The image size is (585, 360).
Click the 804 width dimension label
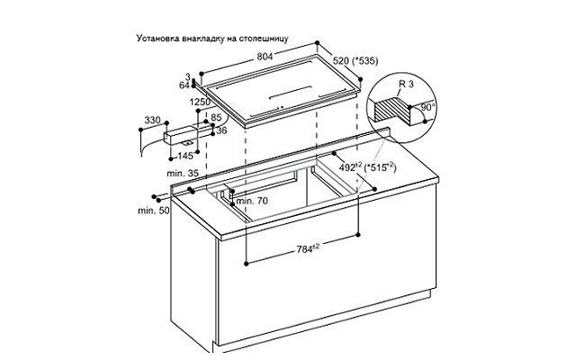click(x=265, y=57)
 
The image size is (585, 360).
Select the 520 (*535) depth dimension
click(x=355, y=60)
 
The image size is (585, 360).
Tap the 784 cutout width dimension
click(x=308, y=248)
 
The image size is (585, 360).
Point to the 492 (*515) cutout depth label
click(x=367, y=167)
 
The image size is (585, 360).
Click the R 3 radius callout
click(x=406, y=84)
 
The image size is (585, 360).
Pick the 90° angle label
click(x=427, y=107)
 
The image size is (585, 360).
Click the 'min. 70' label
click(x=252, y=201)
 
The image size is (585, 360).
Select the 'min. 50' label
click(x=153, y=211)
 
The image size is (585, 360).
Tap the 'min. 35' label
click(x=183, y=174)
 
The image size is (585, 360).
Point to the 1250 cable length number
click(x=200, y=102)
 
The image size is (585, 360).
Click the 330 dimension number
click(x=152, y=120)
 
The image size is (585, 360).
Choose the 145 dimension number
click(x=185, y=156)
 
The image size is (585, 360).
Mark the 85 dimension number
click(x=216, y=118)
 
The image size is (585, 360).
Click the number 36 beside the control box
click(x=221, y=130)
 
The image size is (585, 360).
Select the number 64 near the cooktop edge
click(x=184, y=85)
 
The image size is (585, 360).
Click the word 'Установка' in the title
click(x=157, y=39)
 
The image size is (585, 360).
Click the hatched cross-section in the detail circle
click(x=391, y=108)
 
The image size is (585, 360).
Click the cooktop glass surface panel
click(x=283, y=91)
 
